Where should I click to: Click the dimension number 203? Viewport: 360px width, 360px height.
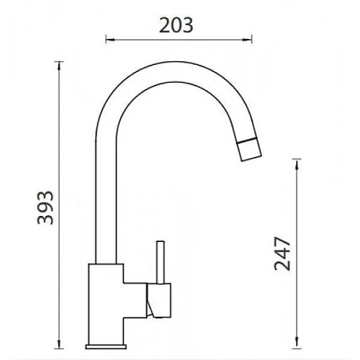[176, 25]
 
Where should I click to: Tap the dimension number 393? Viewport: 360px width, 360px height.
[45, 207]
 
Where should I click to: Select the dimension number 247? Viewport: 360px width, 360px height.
[282, 253]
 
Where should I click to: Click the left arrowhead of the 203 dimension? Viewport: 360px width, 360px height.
[110, 39]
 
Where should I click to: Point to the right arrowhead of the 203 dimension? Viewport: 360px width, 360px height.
[248, 39]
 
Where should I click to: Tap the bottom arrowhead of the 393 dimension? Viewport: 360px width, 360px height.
[59, 344]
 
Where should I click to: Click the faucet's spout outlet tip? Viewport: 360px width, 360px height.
[251, 158]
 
